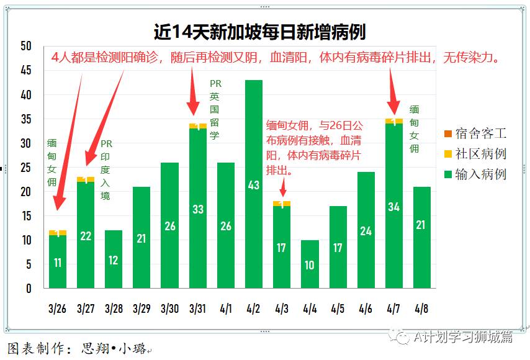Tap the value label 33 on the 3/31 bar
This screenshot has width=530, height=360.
(197, 209)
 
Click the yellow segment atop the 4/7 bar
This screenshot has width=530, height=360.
(393, 121)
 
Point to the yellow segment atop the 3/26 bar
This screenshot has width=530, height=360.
(58, 233)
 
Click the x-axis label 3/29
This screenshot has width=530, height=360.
(141, 308)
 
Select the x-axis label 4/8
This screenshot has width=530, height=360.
(421, 308)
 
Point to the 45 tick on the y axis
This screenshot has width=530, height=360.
(26, 71)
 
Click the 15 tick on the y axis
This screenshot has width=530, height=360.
(26, 216)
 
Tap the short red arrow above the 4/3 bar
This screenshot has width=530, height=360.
(284, 186)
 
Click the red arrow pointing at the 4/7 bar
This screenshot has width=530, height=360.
(392, 89)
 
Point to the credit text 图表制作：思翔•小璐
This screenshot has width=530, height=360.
(78, 349)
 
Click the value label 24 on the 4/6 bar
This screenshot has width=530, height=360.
(366, 231)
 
